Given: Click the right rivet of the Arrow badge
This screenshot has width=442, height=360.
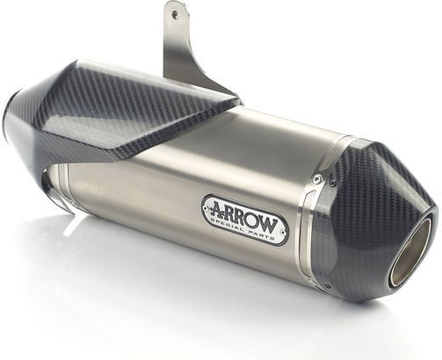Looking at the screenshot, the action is coord(283,232).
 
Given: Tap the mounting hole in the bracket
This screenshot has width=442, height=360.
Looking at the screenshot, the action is coord(175,13).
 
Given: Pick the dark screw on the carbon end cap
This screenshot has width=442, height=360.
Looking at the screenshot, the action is coord(333,184).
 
